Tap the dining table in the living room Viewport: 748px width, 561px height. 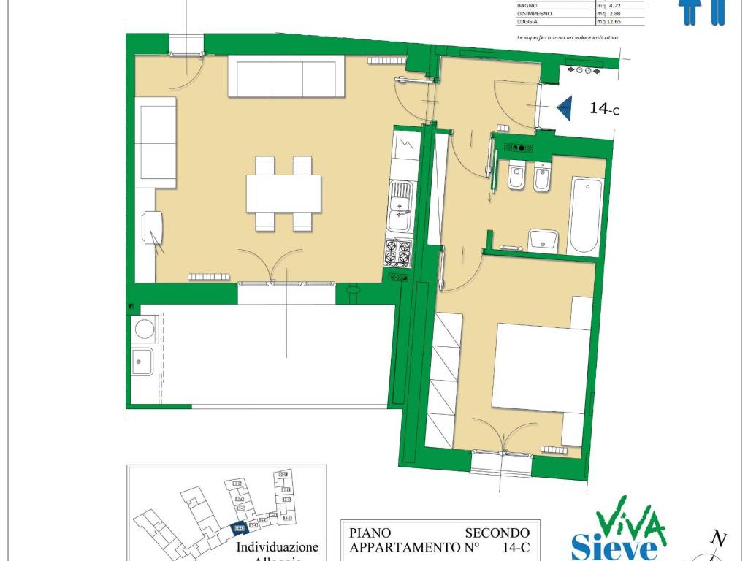point(283,194)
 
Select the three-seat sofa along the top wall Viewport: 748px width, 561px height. point(286,79)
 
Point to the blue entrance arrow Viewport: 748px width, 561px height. point(565,110)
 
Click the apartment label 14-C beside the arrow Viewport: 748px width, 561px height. point(604,109)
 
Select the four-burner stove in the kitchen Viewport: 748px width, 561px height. point(399,253)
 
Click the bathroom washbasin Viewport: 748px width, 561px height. point(543,240)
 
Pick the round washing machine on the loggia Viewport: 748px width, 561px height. point(143,329)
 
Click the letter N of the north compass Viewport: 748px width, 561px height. point(720,540)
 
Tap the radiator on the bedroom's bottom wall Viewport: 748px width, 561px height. point(554,449)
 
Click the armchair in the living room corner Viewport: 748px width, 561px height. point(155,227)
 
